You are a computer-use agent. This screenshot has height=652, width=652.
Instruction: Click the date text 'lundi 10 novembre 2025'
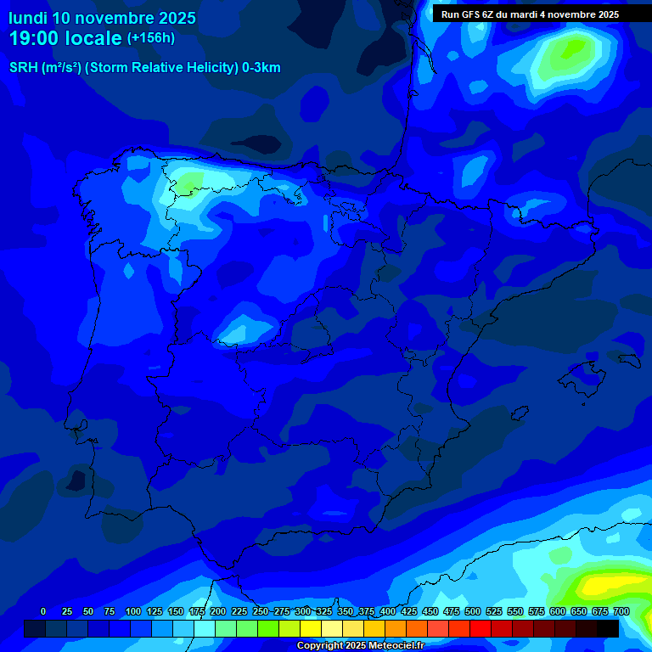tap(102, 18)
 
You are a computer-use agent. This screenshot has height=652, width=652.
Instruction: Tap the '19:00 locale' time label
tap(65, 38)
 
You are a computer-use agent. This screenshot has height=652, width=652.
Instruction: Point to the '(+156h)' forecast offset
tap(150, 38)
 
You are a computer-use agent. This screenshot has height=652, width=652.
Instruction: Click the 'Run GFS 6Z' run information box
tap(530, 14)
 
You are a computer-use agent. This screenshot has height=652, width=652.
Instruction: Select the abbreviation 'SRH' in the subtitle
tap(23, 68)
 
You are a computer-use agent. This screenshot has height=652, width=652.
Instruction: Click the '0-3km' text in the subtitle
tap(261, 68)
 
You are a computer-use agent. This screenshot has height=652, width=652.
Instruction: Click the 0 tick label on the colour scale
tap(43, 611)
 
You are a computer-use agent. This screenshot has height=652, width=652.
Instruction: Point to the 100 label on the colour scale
tap(133, 611)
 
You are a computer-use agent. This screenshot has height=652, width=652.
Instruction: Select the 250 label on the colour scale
tap(260, 611)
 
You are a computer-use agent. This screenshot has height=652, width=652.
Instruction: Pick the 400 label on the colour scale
tap(388, 611)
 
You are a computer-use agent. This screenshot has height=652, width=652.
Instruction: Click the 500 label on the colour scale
tap(473, 611)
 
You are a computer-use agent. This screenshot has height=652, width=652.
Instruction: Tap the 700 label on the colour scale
tap(621, 611)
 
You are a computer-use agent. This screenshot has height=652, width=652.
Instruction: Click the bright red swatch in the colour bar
tap(481, 628)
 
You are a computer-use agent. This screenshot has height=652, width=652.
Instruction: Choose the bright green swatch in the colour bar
tap(268, 628)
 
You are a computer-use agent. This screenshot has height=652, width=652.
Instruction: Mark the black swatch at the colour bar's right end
tap(608, 628)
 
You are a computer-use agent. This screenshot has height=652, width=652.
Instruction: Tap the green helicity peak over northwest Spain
tap(188, 182)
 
